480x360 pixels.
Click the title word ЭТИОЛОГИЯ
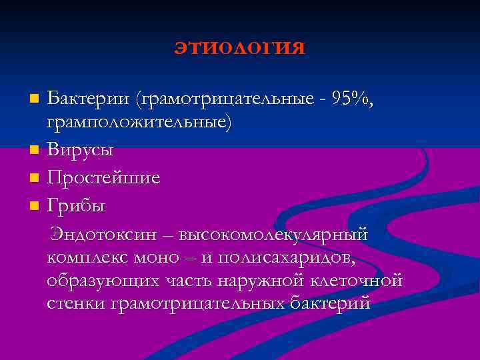point(240,49)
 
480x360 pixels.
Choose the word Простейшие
point(103,179)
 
